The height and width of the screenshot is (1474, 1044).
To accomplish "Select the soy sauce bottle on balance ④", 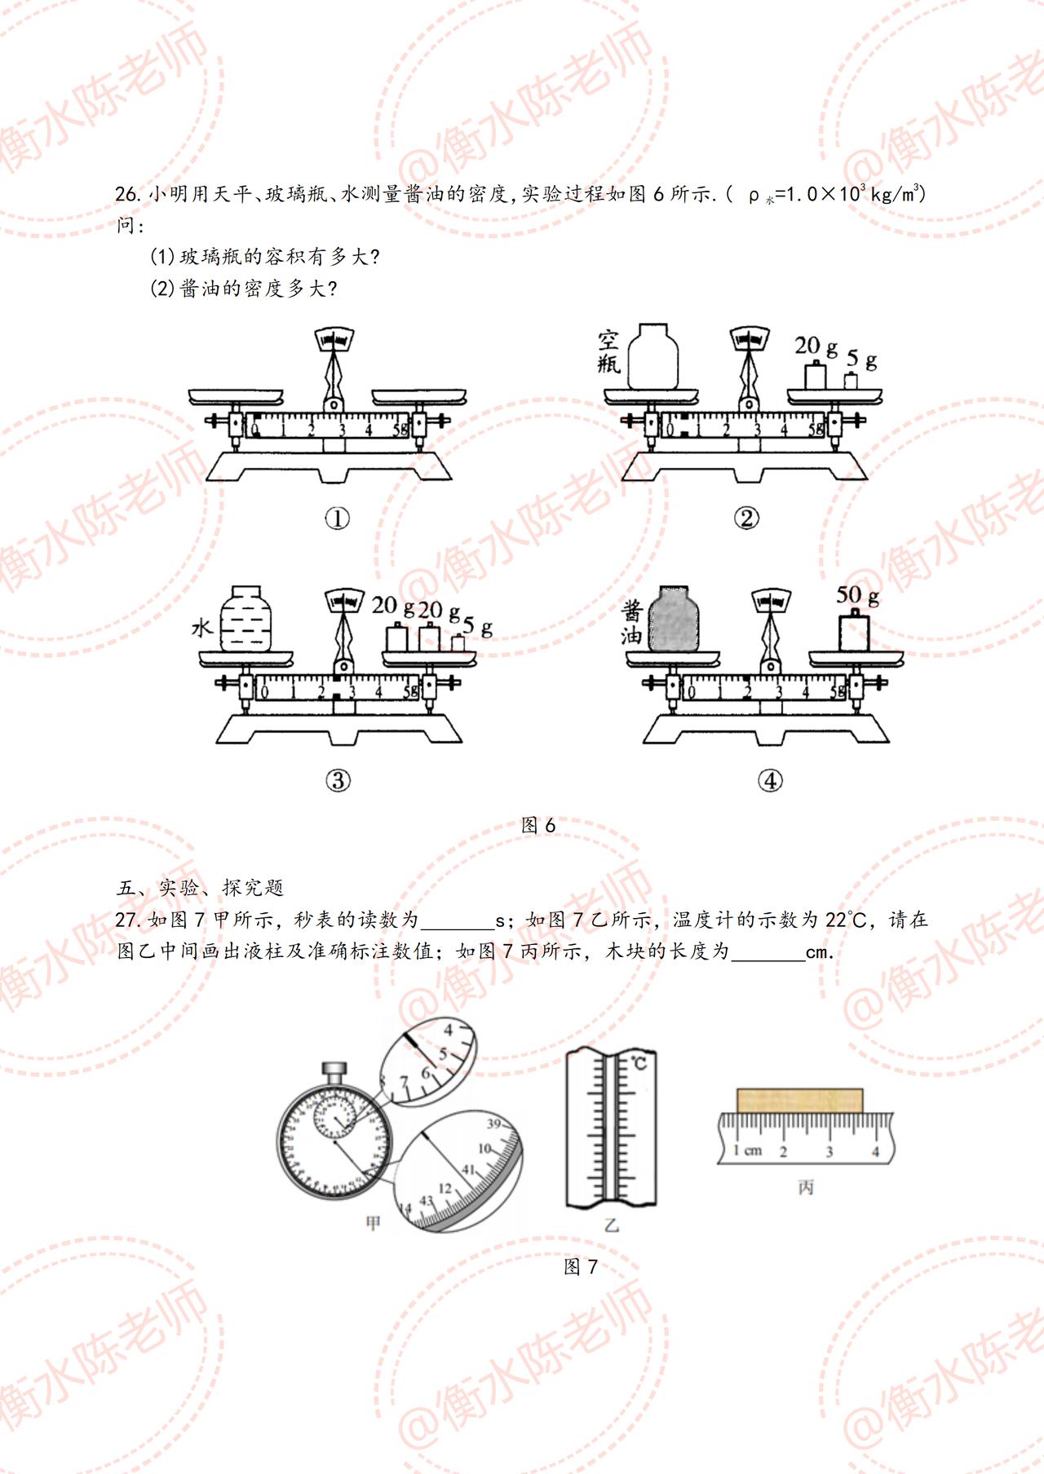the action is (x=674, y=619).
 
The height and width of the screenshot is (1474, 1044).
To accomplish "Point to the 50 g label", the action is (x=856, y=595).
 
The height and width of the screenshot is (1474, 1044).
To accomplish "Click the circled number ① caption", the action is (x=337, y=518).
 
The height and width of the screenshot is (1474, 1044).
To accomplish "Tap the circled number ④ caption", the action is (x=770, y=780).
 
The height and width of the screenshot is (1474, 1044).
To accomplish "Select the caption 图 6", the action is (x=538, y=825).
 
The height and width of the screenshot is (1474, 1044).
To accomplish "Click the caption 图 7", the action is (x=581, y=1266).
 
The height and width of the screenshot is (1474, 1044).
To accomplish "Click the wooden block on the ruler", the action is (x=799, y=1100).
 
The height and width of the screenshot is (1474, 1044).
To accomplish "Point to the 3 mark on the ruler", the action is (x=829, y=1152).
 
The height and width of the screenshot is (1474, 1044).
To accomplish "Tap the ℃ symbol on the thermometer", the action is (x=639, y=1063).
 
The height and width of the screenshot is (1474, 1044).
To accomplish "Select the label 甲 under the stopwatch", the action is (x=374, y=1223).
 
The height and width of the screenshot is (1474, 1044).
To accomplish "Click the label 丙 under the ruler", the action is (x=806, y=1187).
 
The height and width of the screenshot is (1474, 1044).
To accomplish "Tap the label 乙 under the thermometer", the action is (x=611, y=1225).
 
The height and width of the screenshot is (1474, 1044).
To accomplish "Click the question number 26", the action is (x=129, y=194).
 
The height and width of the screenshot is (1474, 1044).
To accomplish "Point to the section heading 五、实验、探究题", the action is (x=201, y=888).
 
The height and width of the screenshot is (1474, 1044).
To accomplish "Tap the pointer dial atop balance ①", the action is (x=334, y=338).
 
